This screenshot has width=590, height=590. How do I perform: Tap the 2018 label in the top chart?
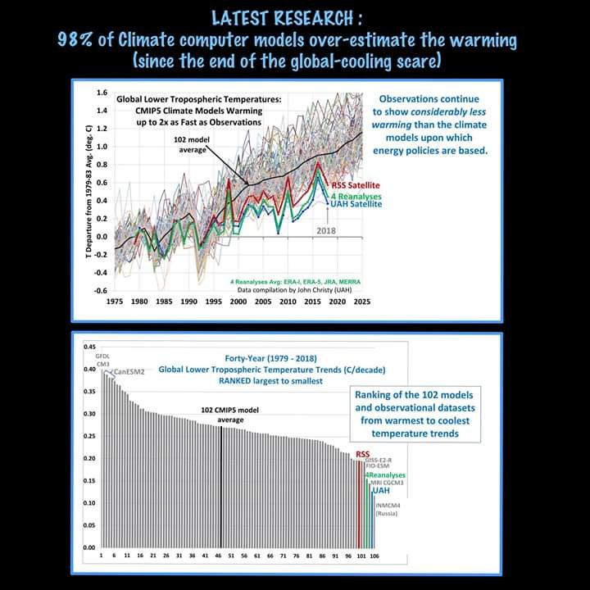click(326, 231)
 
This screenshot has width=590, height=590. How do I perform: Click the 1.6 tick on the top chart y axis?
click(102, 93)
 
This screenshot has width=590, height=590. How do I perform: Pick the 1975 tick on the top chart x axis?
click(115, 301)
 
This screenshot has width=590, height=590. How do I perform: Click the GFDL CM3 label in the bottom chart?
click(102, 361)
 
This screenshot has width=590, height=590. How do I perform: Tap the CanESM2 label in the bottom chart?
click(129, 372)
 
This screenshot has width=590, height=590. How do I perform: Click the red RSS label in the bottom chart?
click(362, 454)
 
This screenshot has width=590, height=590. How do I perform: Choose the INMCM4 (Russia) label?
click(387, 509)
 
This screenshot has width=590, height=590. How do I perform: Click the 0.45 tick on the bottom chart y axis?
click(89, 347)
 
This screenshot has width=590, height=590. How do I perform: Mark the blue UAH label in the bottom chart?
click(381, 491)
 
